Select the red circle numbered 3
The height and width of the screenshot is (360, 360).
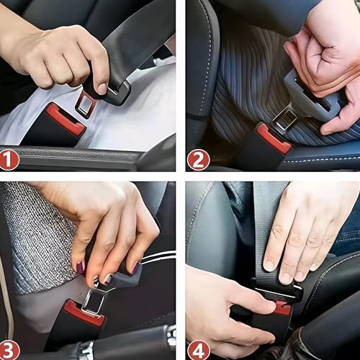click(9, 349)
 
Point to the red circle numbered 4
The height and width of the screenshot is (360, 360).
click(198, 349)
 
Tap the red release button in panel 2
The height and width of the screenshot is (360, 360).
click(274, 138)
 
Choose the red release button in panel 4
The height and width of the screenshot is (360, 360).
click(282, 308)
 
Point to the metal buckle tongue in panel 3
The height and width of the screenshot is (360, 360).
click(94, 299)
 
